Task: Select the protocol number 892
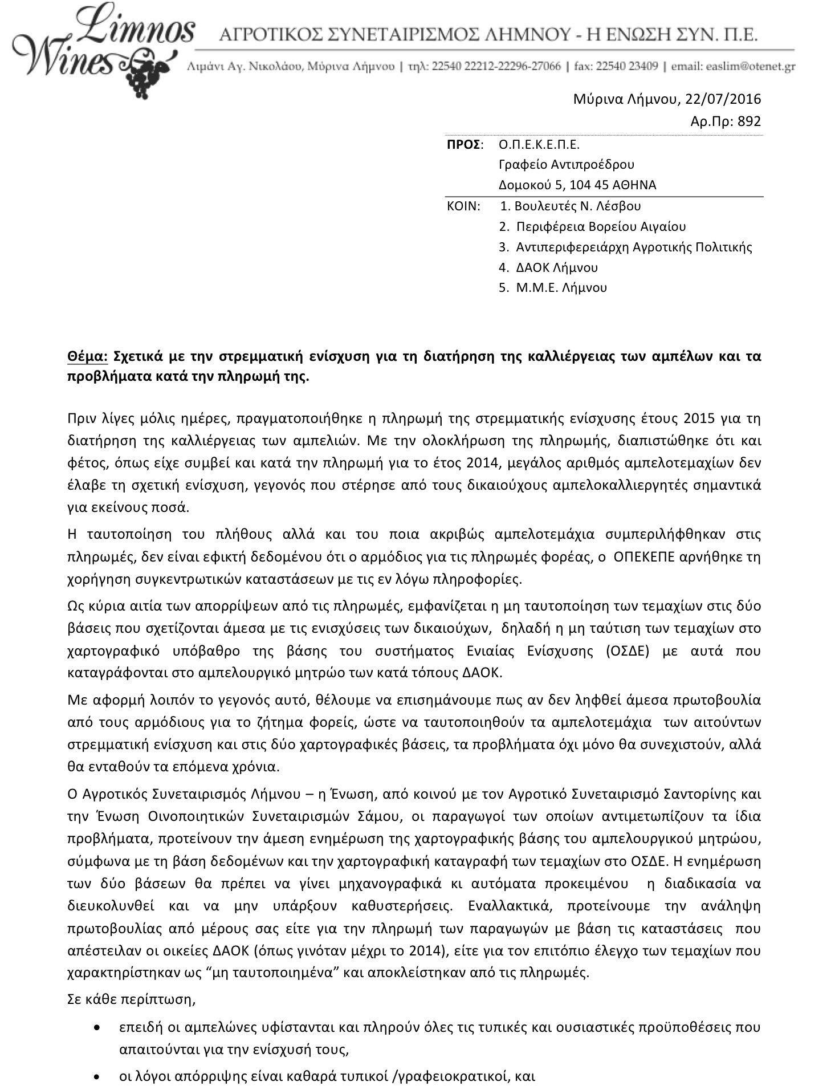(749, 121)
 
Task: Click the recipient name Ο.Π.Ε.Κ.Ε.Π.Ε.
(539, 144)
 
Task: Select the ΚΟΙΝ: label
(463, 206)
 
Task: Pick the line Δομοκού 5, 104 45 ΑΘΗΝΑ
(577, 185)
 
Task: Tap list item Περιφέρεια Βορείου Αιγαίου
(601, 227)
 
